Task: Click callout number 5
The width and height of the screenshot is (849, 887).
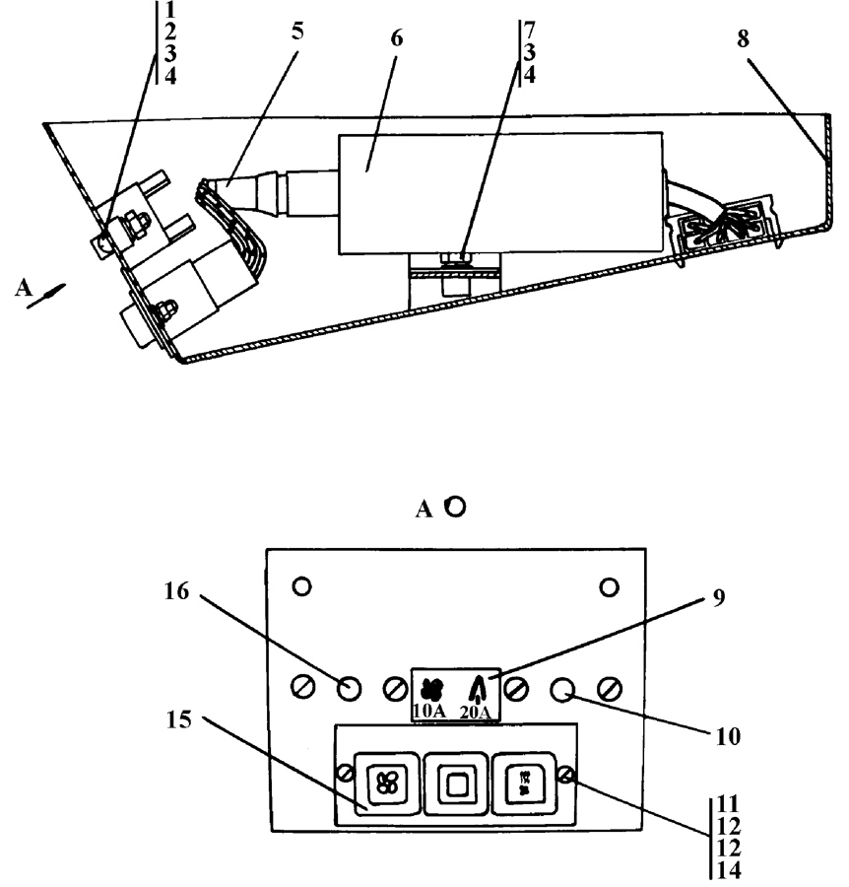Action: click(x=297, y=32)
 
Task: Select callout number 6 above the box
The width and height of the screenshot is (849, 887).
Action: click(x=397, y=38)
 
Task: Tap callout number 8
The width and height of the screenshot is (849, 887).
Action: click(x=743, y=39)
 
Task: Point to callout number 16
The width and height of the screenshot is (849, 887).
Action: click(x=176, y=591)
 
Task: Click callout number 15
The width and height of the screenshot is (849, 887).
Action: click(x=178, y=720)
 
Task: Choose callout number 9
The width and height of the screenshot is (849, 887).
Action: click(x=718, y=598)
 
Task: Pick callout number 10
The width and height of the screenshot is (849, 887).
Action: click(x=728, y=737)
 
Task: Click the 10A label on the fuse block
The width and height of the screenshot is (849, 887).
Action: click(x=429, y=712)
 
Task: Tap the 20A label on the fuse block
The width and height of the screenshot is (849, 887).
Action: click(x=476, y=713)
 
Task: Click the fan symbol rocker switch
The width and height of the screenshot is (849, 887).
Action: click(x=387, y=784)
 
